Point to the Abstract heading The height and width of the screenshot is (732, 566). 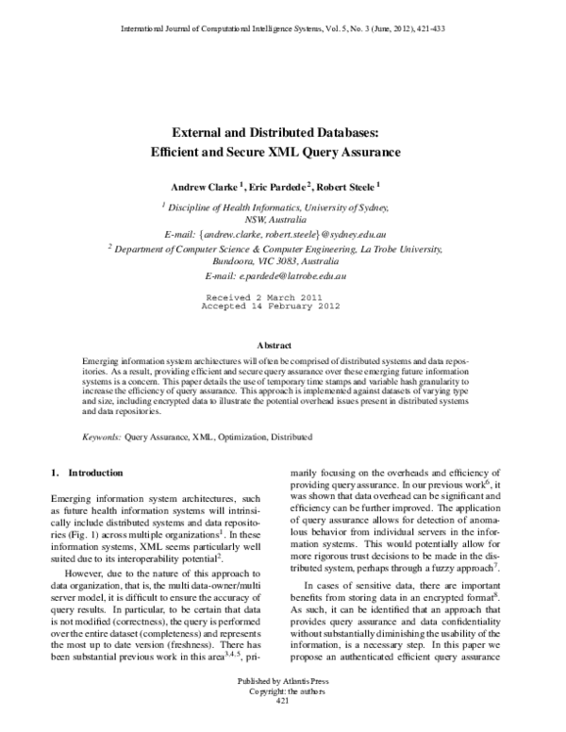282,345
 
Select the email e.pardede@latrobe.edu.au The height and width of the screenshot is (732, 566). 282,276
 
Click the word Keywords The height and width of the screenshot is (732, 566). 100,438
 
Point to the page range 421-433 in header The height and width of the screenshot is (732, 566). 430,29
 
